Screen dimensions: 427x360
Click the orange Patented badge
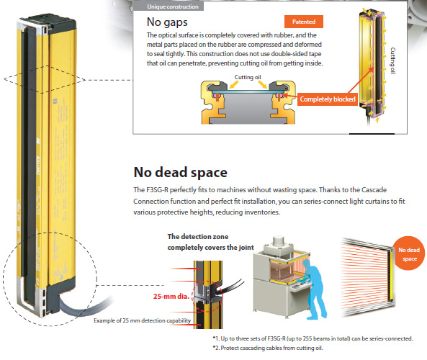pos(304,22)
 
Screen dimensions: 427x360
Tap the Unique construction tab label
pos(173,6)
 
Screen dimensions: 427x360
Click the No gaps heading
pos(167,22)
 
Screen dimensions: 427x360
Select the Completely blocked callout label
pos(328,99)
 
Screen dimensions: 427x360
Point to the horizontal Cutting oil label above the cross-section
pos(248,77)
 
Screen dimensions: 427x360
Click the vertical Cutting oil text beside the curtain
pos(392,60)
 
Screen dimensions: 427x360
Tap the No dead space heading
pos(180,172)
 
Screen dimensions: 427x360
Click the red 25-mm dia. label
pos(171,296)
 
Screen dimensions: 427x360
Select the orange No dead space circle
pos(408,253)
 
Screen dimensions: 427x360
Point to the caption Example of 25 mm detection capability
pos(142,320)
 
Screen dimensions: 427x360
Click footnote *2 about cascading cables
pos(268,348)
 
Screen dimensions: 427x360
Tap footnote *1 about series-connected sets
pos(313,338)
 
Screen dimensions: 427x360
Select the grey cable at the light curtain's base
pos(81,305)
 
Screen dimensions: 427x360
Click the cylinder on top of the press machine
pos(278,242)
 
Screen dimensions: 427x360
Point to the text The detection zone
pos(198,237)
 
